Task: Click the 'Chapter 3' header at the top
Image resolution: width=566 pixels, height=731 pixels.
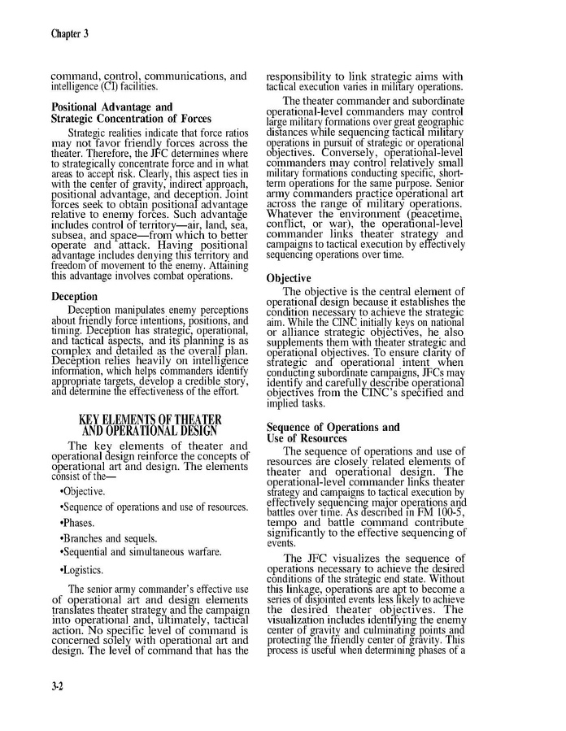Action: click(69, 33)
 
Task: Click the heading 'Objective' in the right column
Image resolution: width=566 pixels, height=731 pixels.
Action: click(289, 278)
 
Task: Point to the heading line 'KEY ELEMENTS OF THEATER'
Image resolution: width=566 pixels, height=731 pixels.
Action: click(150, 420)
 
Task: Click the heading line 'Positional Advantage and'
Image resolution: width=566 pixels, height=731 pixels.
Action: click(112, 107)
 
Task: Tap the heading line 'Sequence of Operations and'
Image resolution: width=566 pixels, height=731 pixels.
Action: click(333, 427)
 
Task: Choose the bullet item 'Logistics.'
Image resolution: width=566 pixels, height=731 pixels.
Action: click(83, 570)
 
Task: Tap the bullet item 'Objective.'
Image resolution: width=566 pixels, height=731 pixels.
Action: click(82, 492)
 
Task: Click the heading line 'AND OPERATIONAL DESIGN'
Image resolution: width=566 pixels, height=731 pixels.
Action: click(150, 431)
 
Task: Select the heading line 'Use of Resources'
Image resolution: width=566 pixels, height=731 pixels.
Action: click(307, 438)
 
